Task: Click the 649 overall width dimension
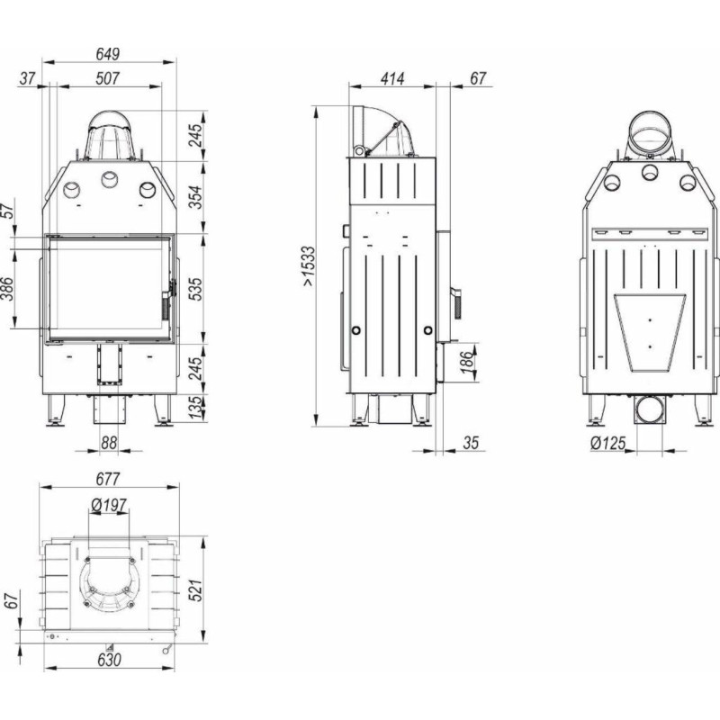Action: pos(108,54)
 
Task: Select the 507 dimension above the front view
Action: pos(108,78)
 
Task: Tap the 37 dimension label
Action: pos(28,78)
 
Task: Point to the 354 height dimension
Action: pos(195,197)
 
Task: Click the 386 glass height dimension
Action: pos(7,289)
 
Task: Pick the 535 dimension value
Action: pos(195,289)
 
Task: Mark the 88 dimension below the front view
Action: pos(109,443)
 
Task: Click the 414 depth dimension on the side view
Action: pos(392,78)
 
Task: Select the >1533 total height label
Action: pos(309,266)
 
